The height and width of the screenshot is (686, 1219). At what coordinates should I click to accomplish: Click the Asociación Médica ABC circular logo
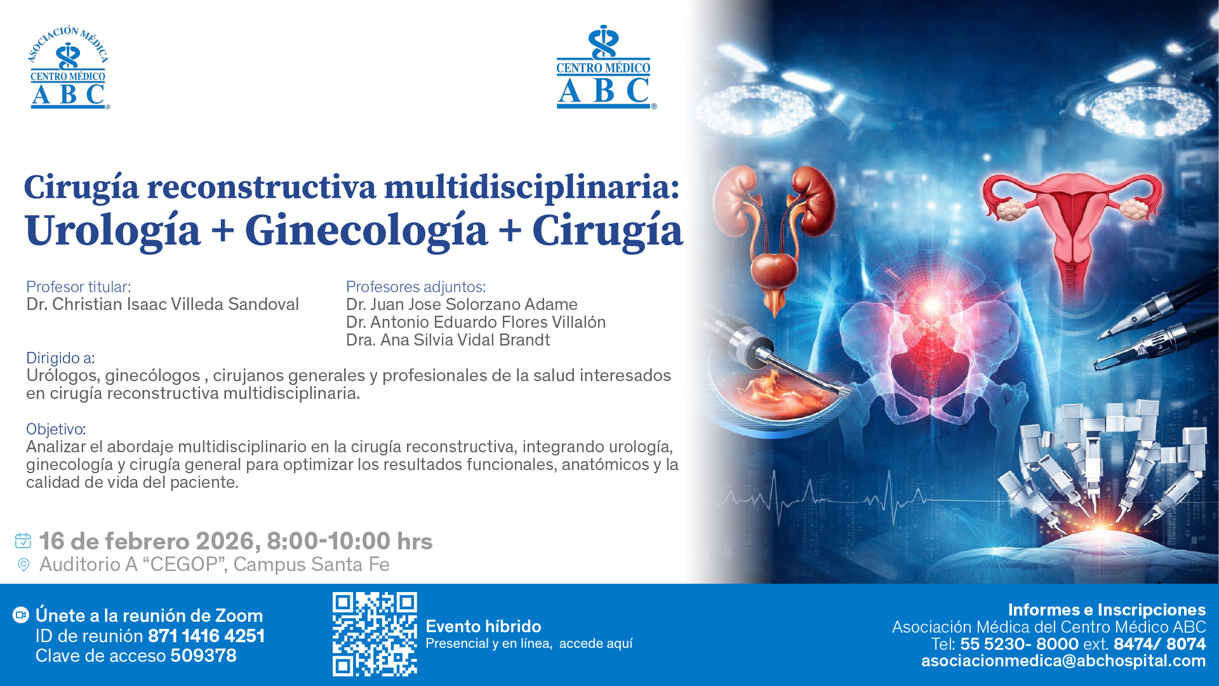(x=69, y=68)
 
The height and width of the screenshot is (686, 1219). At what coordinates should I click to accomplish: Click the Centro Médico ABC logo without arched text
(x=604, y=68)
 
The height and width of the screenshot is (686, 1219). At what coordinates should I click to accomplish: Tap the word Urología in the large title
(x=112, y=231)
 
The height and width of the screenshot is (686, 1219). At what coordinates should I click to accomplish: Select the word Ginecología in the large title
(x=366, y=231)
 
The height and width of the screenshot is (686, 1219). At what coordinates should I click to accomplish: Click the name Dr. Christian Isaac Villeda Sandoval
(x=163, y=304)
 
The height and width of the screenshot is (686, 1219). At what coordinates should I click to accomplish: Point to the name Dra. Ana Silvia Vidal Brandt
(x=448, y=340)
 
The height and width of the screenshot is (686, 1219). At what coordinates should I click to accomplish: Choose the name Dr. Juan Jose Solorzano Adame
(x=462, y=304)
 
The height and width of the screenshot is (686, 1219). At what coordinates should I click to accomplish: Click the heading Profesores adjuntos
(x=415, y=287)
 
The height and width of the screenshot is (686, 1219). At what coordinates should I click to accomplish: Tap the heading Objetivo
(x=56, y=429)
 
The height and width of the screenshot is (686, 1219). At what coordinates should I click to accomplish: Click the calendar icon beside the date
(x=23, y=541)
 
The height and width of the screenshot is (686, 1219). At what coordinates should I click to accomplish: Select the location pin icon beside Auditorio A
(x=23, y=565)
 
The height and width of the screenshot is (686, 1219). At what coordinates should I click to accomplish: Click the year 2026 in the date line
(x=225, y=541)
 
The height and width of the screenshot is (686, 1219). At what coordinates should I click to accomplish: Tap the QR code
(x=375, y=634)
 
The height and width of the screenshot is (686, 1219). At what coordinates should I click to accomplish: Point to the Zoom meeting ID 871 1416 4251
(x=206, y=636)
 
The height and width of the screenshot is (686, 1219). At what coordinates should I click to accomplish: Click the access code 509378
(x=203, y=656)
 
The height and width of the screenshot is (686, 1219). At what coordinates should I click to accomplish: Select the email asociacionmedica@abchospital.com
(x=1063, y=661)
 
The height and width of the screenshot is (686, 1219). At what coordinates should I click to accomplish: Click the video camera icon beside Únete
(x=21, y=615)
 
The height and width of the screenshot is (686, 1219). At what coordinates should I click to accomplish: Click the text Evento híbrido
(x=483, y=626)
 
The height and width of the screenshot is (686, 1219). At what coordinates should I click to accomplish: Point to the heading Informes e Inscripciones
(x=1107, y=610)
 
